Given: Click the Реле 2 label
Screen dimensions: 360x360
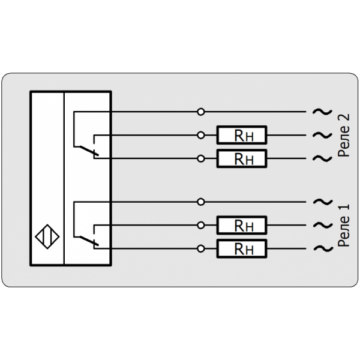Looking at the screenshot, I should pyautogui.click(x=343, y=136).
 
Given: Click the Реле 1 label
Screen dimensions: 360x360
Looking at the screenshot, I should pyautogui.click(x=343, y=226).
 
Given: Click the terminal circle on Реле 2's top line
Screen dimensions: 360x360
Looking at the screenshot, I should pyautogui.click(x=201, y=112).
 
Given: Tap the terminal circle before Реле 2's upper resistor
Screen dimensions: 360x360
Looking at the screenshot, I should pyautogui.click(x=201, y=136).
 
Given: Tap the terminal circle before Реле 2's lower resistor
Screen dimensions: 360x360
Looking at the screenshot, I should pyautogui.click(x=201, y=158).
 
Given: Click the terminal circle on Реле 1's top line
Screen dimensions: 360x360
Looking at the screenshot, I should pyautogui.click(x=201, y=202).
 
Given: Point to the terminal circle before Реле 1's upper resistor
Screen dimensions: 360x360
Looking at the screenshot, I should pyautogui.click(x=201, y=225).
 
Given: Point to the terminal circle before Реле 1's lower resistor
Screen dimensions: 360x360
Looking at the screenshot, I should pyautogui.click(x=201, y=248).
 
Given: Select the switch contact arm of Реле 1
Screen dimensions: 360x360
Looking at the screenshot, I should pyautogui.click(x=88, y=240).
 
